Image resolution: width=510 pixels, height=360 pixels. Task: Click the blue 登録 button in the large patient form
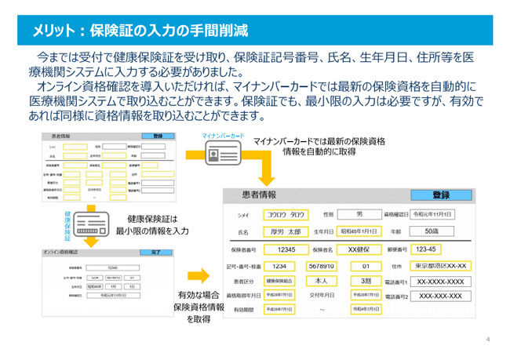440,195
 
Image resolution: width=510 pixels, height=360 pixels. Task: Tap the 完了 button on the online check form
155,253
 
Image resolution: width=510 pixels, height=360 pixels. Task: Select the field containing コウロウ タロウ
286,214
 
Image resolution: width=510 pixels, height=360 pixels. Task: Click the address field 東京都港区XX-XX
441,266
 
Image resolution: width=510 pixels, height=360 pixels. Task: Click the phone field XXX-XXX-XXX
441,297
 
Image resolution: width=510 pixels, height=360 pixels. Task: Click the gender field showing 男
359,214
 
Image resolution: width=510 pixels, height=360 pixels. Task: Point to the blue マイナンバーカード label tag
224,136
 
